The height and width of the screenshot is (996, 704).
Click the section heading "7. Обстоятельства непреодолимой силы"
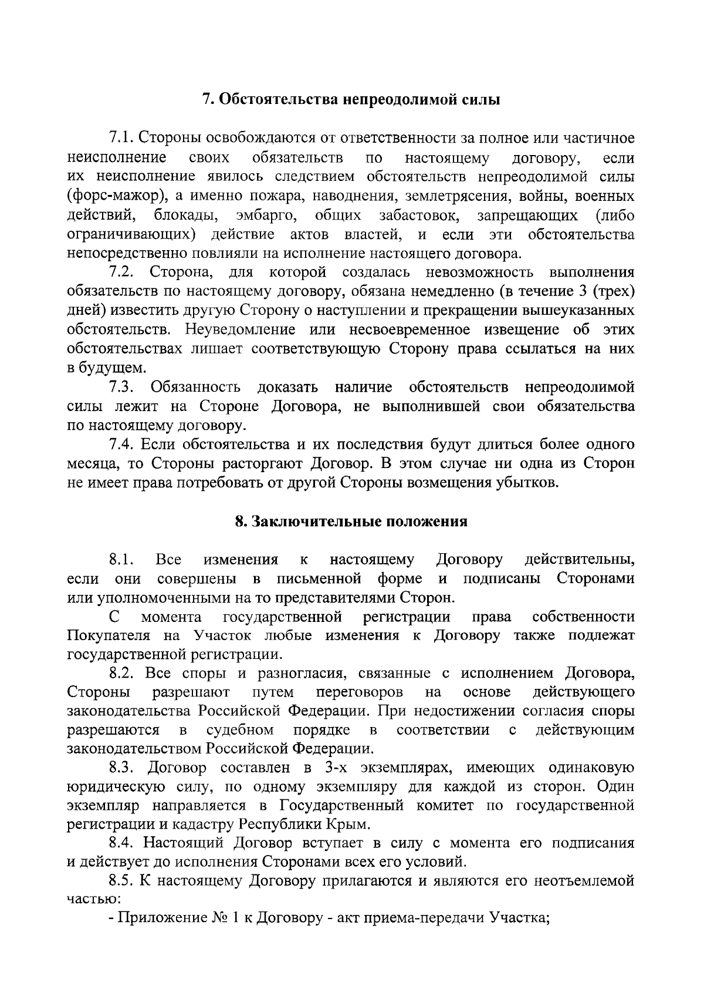tap(351, 99)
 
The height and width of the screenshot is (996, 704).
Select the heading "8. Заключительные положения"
tap(351, 521)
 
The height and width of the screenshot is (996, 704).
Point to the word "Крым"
tap(350, 824)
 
